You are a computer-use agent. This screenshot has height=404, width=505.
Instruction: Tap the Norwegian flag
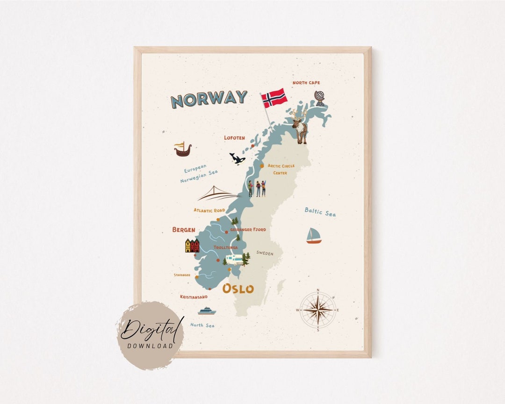[x=274, y=98]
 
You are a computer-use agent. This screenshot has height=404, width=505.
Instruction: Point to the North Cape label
[x=306, y=83]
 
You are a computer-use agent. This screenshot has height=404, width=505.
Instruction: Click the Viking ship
[x=182, y=149]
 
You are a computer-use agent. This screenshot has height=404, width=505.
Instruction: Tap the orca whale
[x=237, y=159]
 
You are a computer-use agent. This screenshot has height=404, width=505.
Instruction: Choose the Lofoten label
[x=234, y=138]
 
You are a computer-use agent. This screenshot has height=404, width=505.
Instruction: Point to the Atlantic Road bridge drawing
[x=218, y=194]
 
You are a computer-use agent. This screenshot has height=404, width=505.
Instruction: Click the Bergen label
[x=184, y=230]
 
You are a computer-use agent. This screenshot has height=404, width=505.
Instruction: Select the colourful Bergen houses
[x=192, y=245]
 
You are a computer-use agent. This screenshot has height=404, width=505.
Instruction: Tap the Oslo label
[x=238, y=289]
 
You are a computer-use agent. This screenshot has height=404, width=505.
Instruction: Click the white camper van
[x=234, y=259]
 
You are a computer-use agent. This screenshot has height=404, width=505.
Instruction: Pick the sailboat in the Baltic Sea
[x=314, y=236]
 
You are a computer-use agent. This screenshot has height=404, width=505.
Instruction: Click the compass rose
[x=318, y=310]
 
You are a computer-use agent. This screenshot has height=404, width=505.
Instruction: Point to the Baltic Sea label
[x=320, y=212]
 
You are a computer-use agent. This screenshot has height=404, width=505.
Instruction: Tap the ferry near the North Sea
[x=207, y=311]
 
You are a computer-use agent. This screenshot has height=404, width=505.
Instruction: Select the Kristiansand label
[x=194, y=297]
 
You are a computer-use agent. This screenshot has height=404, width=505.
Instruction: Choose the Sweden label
[x=265, y=253]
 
